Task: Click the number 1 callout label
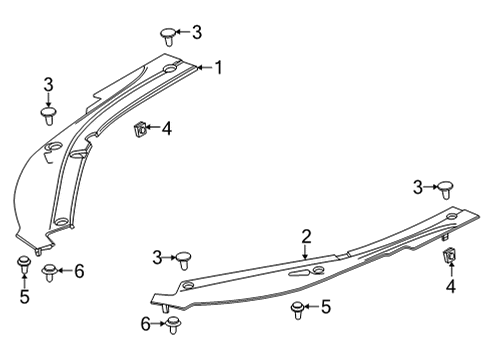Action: [x=219, y=68]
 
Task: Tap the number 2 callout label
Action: [x=307, y=236]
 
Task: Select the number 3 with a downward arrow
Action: [x=48, y=84]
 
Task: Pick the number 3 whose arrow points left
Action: [x=196, y=33]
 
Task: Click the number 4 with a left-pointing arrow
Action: [x=166, y=128]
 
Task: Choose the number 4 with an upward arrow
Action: [x=450, y=287]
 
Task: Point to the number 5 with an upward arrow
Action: [x=25, y=296]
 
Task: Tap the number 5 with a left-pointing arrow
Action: [x=325, y=306]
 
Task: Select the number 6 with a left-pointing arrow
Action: [x=79, y=270]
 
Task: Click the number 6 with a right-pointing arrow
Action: [x=146, y=322]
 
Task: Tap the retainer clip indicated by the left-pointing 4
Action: [x=140, y=127]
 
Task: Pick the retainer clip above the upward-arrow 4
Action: [x=449, y=257]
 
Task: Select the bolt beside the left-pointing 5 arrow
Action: [x=298, y=308]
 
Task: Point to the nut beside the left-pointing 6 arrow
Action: [x=50, y=270]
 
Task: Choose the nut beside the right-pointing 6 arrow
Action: [x=174, y=323]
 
